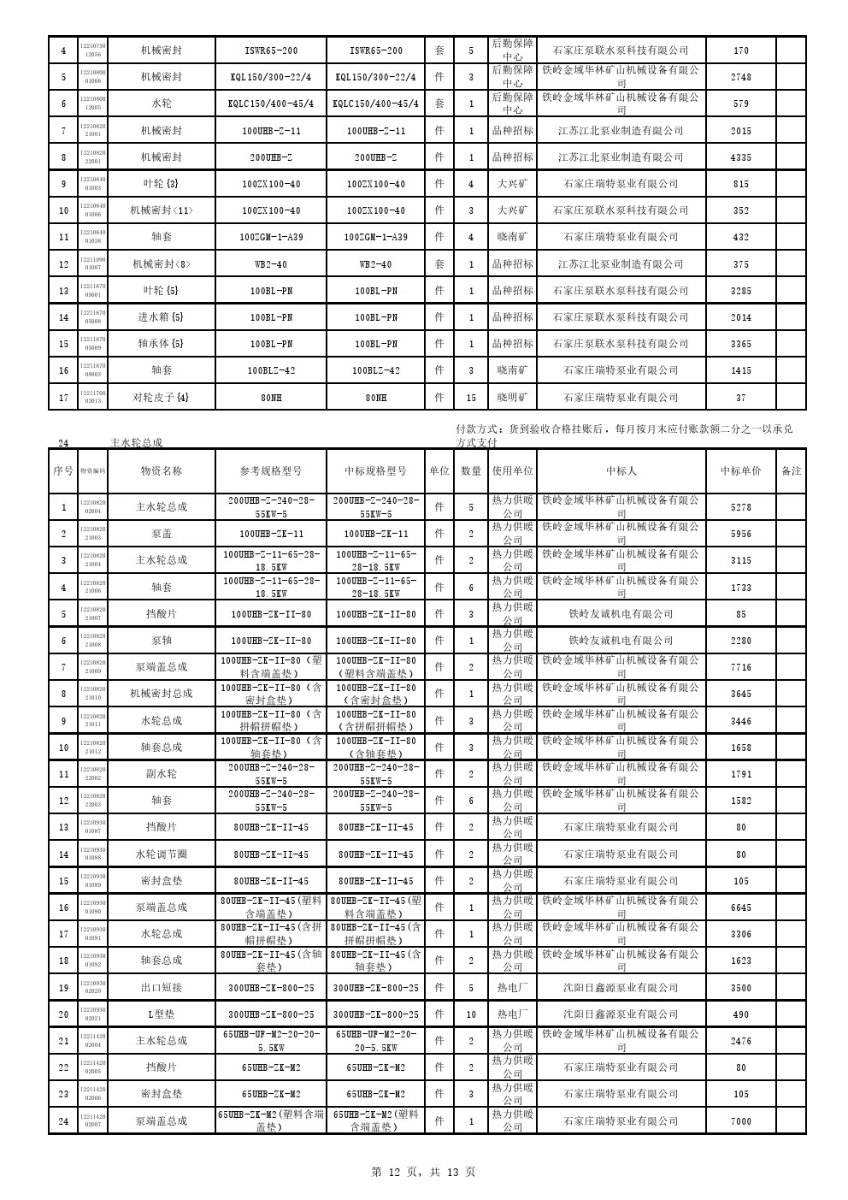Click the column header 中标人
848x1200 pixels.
coord(621,470)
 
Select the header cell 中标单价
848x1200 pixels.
coord(740,470)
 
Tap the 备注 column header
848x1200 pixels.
coord(791,470)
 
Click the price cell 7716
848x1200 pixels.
coord(741,667)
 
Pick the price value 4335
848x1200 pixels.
coord(741,157)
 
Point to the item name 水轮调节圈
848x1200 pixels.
coord(162,854)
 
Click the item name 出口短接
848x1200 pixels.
coord(162,987)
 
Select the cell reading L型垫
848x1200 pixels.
coord(162,1014)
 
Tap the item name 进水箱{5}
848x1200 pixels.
coord(162,317)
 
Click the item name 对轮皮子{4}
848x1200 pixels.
coord(162,398)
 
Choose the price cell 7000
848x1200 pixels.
coord(741,1120)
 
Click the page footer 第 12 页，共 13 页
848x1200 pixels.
coord(424,1172)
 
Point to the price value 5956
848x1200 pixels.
coord(741,534)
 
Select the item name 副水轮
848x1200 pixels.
coord(162,774)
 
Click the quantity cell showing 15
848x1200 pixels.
coord(471,398)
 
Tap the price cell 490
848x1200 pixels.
coord(741,1014)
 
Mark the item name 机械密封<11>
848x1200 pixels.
coord(162,210)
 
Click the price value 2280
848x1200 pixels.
coord(741,641)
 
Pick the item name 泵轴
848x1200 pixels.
coord(162,641)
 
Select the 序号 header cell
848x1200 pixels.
coord(63,470)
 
